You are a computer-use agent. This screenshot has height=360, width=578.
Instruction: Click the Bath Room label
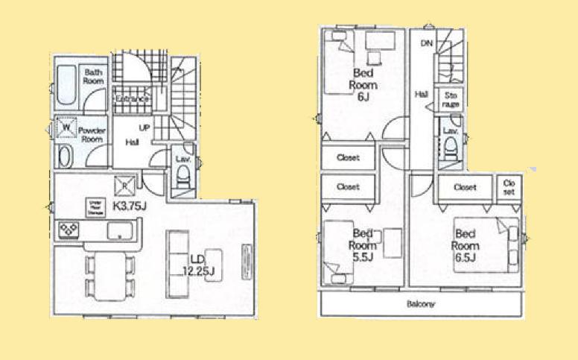(x=92, y=76)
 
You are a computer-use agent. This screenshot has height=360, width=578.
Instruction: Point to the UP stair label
(x=144, y=127)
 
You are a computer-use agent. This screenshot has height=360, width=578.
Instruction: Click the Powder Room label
(x=91, y=134)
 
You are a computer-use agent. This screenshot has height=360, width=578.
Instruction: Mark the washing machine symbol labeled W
(x=66, y=127)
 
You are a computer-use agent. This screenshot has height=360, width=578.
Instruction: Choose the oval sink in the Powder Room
(x=65, y=156)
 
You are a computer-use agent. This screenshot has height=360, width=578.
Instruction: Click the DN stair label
(x=426, y=44)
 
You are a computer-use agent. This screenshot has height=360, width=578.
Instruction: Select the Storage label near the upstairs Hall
(x=451, y=100)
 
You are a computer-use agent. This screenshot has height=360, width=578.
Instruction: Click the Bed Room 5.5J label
(x=363, y=244)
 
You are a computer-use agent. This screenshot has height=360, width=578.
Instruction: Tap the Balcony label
(x=421, y=304)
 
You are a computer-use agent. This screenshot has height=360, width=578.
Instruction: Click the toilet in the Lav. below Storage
(x=452, y=152)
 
